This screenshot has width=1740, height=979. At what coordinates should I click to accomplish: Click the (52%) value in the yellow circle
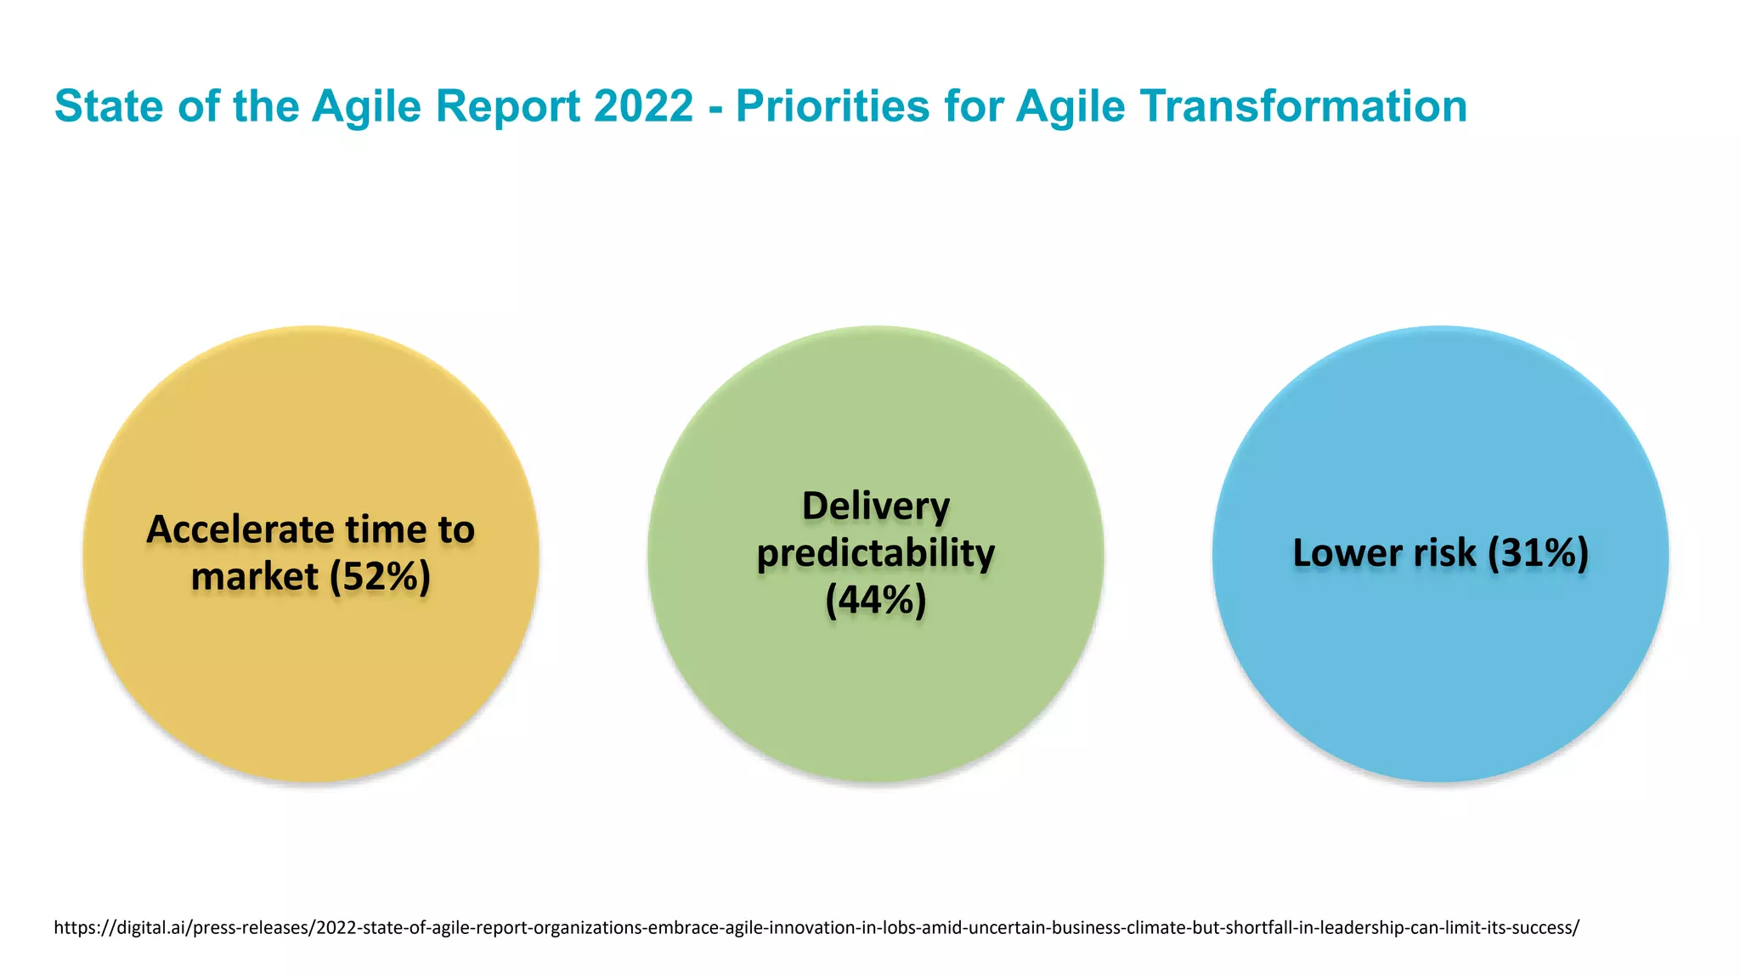point(380,577)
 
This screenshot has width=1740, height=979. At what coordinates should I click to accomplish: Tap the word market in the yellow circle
point(254,577)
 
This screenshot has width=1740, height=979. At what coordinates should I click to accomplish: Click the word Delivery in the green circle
point(876,506)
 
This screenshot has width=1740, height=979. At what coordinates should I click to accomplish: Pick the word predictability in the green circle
point(876,553)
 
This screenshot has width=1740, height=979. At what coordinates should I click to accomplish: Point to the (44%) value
point(876,600)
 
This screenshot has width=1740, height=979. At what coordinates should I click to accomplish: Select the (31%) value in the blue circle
point(1538,553)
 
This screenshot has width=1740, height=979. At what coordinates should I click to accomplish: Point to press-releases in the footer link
point(251,927)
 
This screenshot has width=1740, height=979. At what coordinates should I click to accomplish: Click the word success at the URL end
point(1545,927)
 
